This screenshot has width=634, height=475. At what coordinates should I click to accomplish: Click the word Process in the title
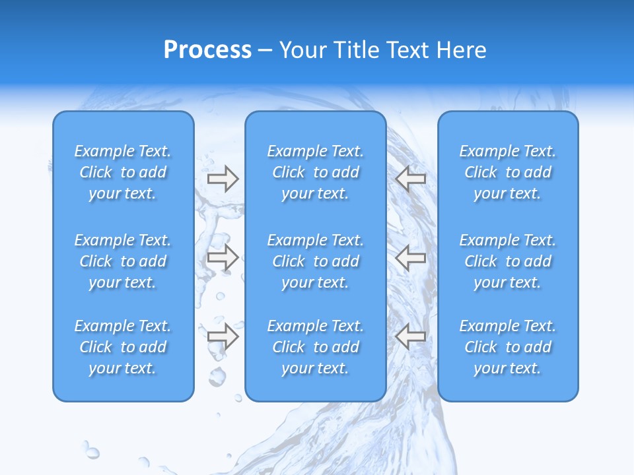[207, 50]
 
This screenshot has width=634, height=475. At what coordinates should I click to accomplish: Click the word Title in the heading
[357, 50]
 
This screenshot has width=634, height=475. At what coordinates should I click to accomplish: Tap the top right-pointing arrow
[223, 179]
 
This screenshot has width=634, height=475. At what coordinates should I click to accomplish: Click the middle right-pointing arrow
[223, 258]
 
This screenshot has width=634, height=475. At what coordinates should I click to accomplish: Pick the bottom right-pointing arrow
[223, 336]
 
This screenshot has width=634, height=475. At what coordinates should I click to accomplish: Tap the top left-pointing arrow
[411, 179]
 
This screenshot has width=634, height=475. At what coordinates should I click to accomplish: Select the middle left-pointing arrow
[411, 258]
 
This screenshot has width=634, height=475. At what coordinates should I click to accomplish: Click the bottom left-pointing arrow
[411, 336]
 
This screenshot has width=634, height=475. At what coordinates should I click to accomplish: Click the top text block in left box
[123, 172]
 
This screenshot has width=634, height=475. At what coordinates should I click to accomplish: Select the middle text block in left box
[123, 261]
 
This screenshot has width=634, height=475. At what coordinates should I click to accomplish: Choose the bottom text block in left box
[123, 347]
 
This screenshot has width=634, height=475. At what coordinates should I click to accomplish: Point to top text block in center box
[315, 172]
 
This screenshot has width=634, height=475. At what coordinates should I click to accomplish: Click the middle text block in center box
[315, 261]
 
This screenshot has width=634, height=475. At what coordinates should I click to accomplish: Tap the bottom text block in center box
[315, 347]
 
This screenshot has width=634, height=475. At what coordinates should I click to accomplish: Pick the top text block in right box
[507, 172]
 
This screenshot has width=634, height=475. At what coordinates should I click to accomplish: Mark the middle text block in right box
[507, 261]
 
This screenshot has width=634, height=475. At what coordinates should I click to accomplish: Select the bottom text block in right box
[507, 347]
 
